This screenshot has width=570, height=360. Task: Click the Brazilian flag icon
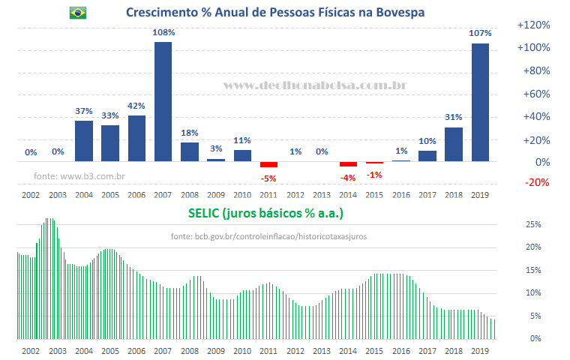(x=77, y=13)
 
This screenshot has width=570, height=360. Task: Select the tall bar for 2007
(x=163, y=101)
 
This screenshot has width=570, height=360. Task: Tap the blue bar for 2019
(x=480, y=102)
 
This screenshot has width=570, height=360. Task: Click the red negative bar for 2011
(x=268, y=164)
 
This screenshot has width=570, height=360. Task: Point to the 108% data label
(x=163, y=32)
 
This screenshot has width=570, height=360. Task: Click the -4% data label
(x=348, y=177)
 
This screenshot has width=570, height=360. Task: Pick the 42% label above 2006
(x=136, y=106)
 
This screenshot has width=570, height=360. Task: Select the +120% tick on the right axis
(x=534, y=25)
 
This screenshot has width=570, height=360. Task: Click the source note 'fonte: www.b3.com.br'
(x=79, y=176)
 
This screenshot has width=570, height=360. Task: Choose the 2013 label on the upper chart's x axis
(x=322, y=194)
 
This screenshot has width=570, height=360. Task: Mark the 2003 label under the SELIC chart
(x=57, y=350)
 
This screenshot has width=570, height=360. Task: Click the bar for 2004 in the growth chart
(x=84, y=141)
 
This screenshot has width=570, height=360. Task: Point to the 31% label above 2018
(x=454, y=117)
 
